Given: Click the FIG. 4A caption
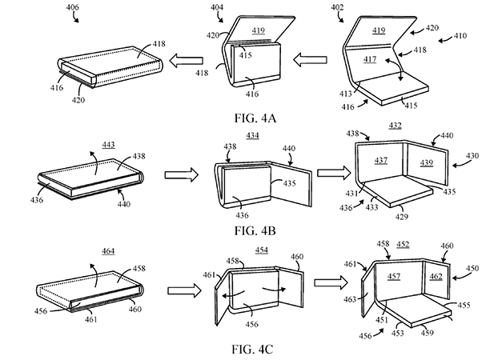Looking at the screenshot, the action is click(255, 118).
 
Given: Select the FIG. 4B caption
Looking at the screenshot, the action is click(255, 230).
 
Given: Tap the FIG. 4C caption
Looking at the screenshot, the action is click(252, 349).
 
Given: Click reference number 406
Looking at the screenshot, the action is click(73, 7).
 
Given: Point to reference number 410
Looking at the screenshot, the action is click(460, 35).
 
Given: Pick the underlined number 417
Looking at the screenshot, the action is click(370, 59).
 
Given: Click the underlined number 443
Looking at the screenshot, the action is click(109, 145).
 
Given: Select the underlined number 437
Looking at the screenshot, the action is click(381, 160).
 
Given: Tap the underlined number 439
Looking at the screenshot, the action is click(427, 162).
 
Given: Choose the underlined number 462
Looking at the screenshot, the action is click(436, 276).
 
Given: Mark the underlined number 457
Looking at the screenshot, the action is click(394, 276).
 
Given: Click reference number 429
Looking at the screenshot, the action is click(401, 217).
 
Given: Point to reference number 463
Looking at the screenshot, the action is click(350, 299).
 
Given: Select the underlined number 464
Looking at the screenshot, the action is click(108, 251).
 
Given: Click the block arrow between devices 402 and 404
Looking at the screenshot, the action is click(310, 60).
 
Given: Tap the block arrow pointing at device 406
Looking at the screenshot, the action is click(186, 60).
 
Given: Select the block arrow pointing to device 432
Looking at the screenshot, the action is click(335, 173).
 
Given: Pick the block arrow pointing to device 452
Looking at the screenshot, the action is click(331, 282).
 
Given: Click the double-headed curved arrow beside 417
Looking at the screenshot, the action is click(395, 69).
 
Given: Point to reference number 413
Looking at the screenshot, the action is click(345, 94).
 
